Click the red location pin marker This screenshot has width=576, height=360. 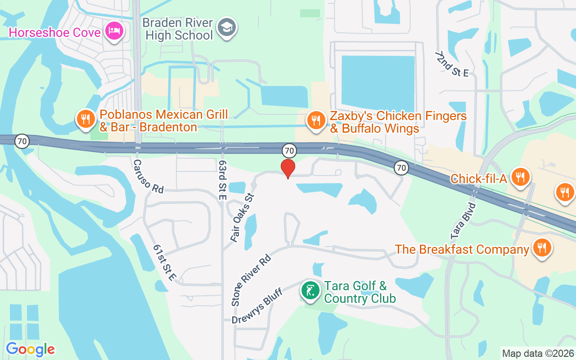click(288, 168)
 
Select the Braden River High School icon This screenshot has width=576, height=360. click(226, 27)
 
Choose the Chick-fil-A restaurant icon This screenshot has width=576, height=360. click(521, 176)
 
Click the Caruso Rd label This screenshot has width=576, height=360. click(148, 176)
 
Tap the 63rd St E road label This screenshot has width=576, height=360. click(222, 180)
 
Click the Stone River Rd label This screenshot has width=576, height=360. click(252, 280)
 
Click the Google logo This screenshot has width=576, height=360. click(30, 349)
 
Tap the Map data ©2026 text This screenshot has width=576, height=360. click(538, 353)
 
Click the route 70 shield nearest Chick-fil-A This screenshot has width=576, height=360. click(401, 168)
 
